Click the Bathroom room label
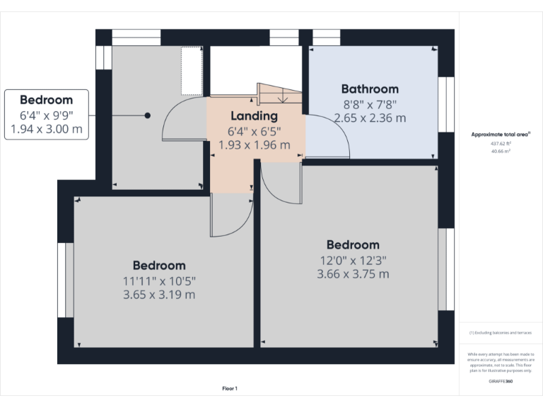[x=370, y=89]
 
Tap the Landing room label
[x=254, y=115]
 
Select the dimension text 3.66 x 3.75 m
[x=353, y=274]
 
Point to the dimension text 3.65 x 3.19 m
[x=159, y=294]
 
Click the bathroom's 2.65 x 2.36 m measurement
[x=370, y=118]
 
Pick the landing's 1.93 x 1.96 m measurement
[x=254, y=144]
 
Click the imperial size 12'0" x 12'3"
[x=353, y=260]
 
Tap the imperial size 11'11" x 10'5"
[x=159, y=280]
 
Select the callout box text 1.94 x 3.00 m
[x=47, y=129]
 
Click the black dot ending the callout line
[x=148, y=115]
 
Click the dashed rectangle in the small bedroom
[x=192, y=71]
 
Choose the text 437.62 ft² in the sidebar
[x=501, y=143]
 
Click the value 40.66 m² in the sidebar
[x=501, y=151]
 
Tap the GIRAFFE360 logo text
[x=501, y=382]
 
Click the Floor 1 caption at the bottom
[x=230, y=388]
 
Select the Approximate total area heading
[x=501, y=134]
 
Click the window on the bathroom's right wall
[x=446, y=103]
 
